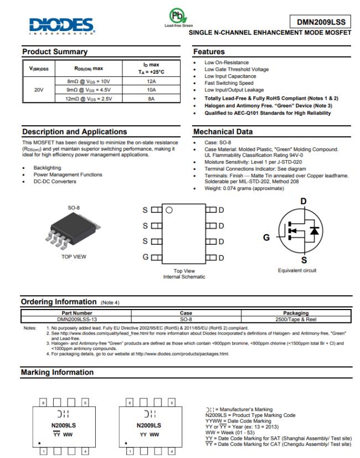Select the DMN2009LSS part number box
tap(321, 22)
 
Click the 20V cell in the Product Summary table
tap(38, 89)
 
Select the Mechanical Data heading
tap(222, 132)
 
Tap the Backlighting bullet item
tap(48, 167)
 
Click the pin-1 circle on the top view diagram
tap(169, 210)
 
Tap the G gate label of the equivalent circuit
tap(266, 238)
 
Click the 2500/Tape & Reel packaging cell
tap(295, 319)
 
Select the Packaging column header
tap(295, 313)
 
